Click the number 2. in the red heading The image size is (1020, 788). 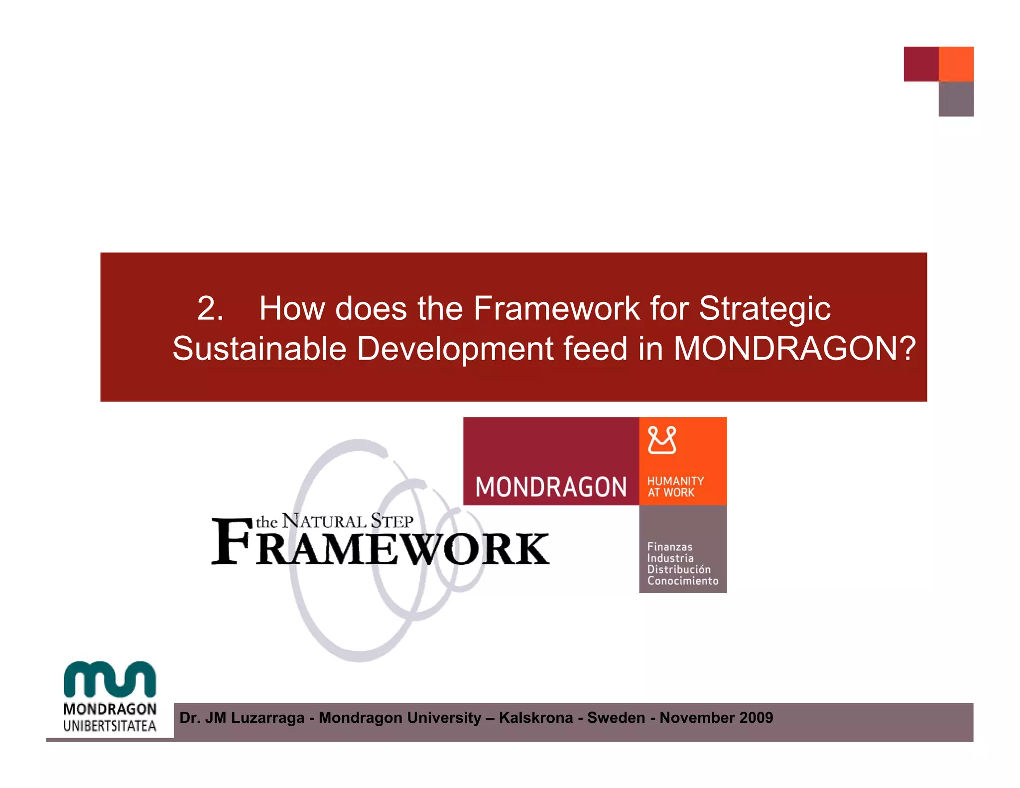[x=210, y=308]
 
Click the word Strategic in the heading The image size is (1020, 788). [x=765, y=309]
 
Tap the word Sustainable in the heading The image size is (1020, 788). [x=259, y=348]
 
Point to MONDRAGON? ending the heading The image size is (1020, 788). [x=794, y=348]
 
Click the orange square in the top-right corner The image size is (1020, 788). [x=956, y=64]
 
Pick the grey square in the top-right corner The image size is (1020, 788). [x=956, y=99]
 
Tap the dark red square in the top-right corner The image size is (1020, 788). [x=921, y=64]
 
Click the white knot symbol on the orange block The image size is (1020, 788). [x=662, y=440]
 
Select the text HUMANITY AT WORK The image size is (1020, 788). [x=675, y=487]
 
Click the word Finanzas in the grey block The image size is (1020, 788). [x=669, y=546]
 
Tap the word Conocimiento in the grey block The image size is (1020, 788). [x=682, y=581]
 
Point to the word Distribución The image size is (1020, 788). [x=678, y=569]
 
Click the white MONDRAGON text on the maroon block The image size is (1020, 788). [x=551, y=487]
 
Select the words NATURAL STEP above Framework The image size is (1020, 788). [x=348, y=521]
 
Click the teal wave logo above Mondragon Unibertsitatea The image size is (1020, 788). [x=110, y=679]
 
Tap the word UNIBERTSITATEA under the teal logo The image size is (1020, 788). [x=110, y=726]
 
